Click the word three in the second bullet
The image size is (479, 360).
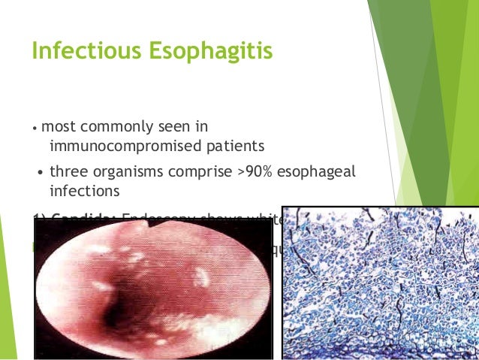point(68,174)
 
